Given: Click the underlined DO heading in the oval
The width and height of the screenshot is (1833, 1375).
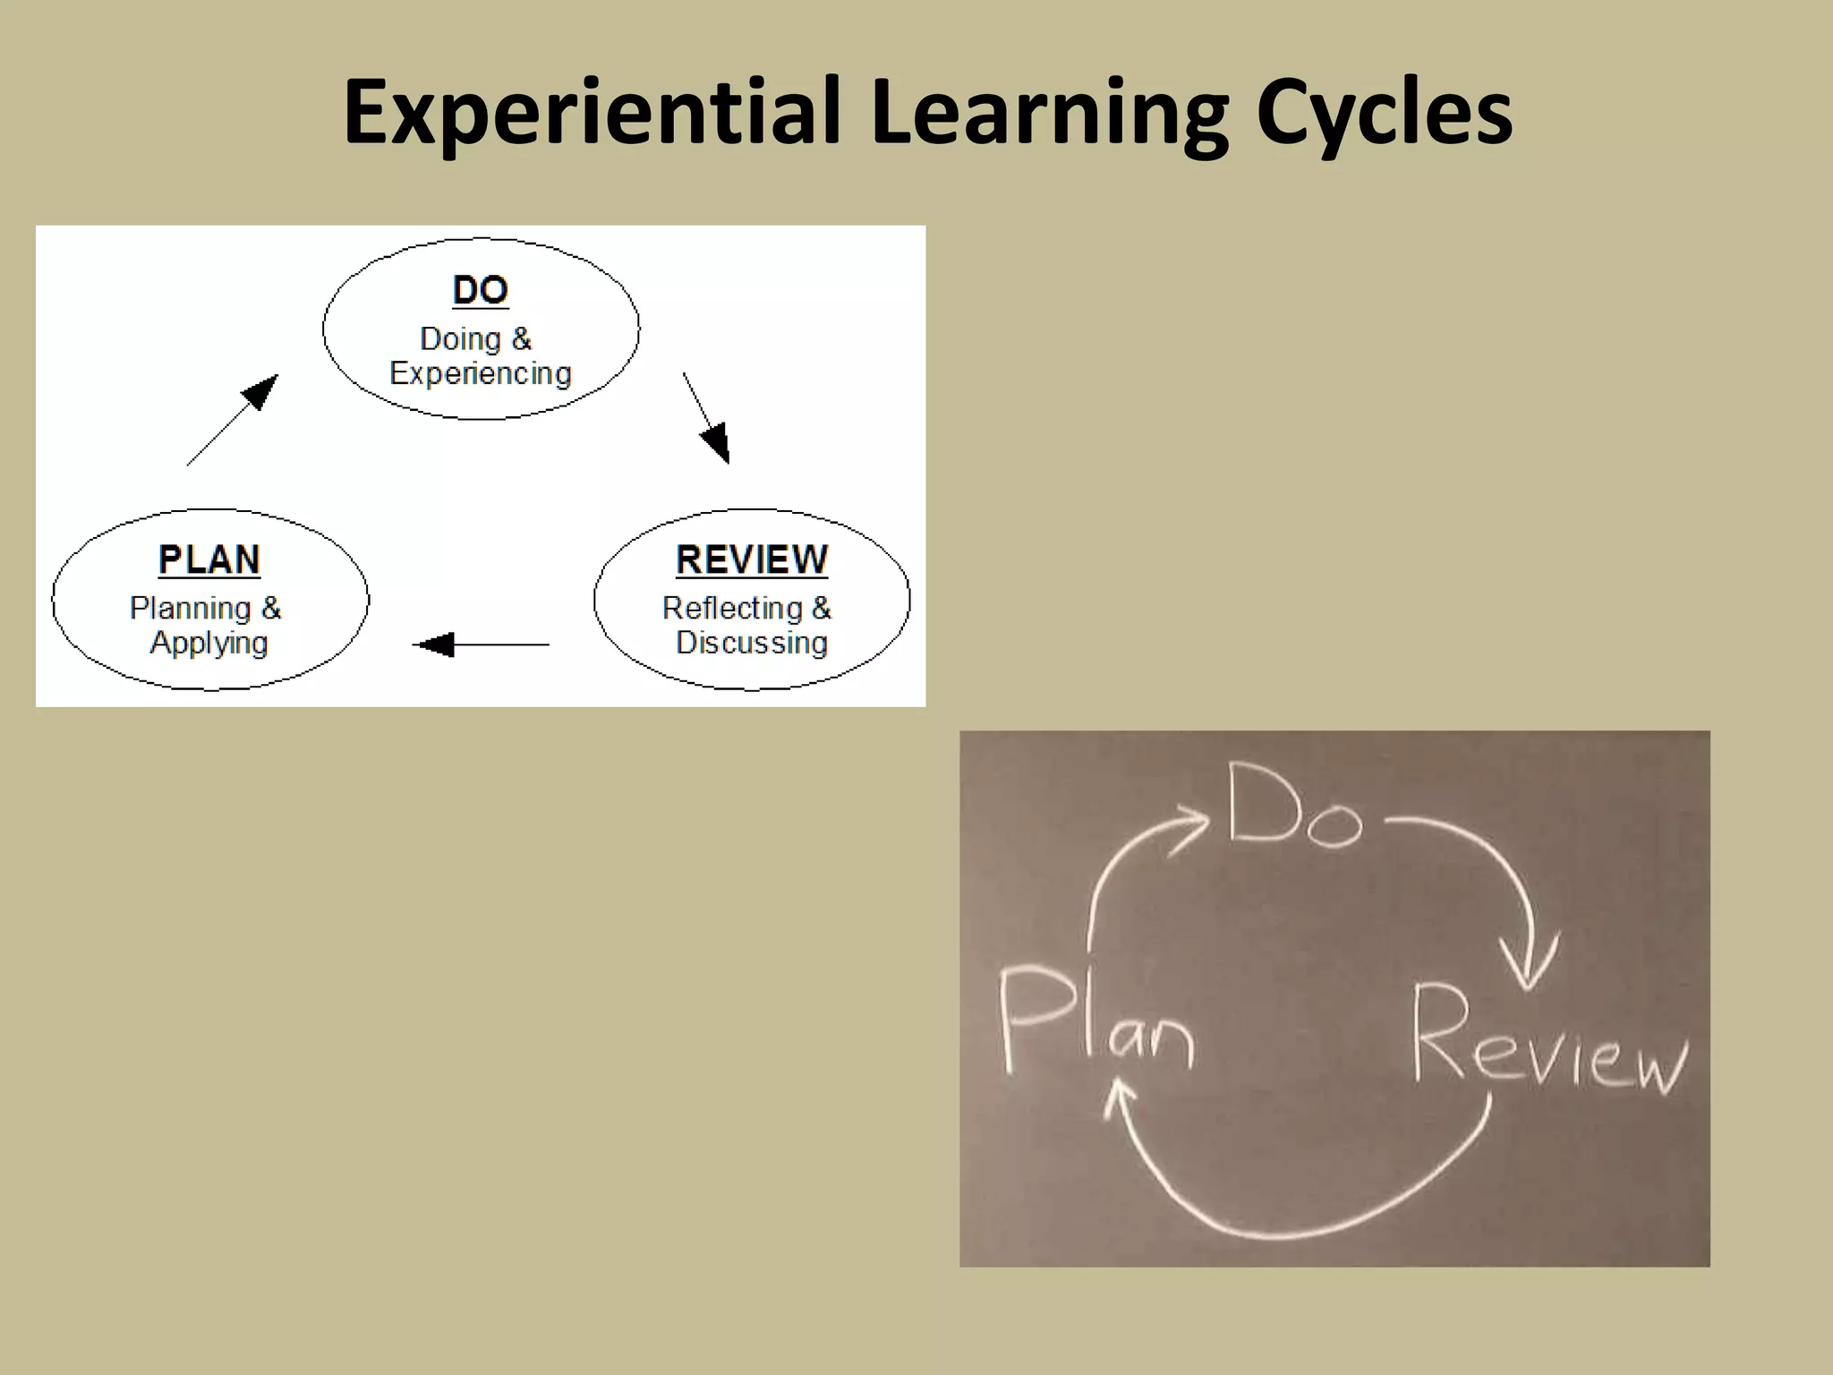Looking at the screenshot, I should click(481, 291).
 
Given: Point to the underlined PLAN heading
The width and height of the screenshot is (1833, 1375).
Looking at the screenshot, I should click(209, 560).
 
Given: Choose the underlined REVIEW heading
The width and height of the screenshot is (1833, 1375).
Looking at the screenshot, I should click(752, 560).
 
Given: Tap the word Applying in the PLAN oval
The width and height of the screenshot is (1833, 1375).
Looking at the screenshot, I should click(209, 644).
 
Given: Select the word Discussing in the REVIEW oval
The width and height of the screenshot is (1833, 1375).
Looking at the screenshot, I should click(752, 643).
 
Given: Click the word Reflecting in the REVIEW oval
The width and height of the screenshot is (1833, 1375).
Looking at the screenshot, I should click(732, 609).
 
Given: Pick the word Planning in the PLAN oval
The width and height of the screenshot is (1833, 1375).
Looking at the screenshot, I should click(191, 609).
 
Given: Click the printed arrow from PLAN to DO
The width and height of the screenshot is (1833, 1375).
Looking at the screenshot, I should click(232, 420).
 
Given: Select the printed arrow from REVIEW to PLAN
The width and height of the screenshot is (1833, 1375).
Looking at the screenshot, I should click(481, 645).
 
